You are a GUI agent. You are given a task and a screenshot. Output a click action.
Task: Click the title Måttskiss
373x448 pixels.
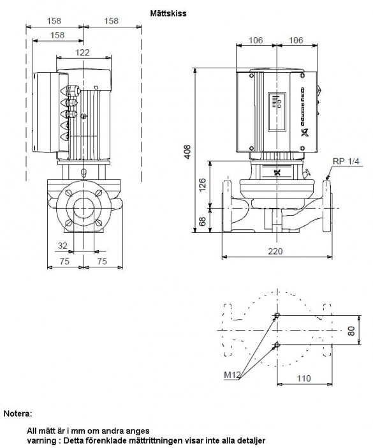(168, 13)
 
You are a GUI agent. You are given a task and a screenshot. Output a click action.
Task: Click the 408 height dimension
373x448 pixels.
(187, 152)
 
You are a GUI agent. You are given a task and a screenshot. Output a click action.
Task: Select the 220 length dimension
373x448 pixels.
(275, 251)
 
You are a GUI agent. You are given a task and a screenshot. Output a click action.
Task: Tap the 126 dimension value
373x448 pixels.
(202, 185)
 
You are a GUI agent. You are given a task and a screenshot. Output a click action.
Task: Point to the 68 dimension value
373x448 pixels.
(202, 221)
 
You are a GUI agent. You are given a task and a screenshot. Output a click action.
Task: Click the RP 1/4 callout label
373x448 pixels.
(346, 161)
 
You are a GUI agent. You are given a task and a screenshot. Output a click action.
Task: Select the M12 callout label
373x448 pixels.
(231, 375)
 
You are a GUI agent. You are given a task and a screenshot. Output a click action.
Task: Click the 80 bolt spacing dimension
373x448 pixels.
(351, 331)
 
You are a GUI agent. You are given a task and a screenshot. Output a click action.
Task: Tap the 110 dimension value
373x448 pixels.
(304, 378)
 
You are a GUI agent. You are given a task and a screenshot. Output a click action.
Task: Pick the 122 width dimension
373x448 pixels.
(82, 52)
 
